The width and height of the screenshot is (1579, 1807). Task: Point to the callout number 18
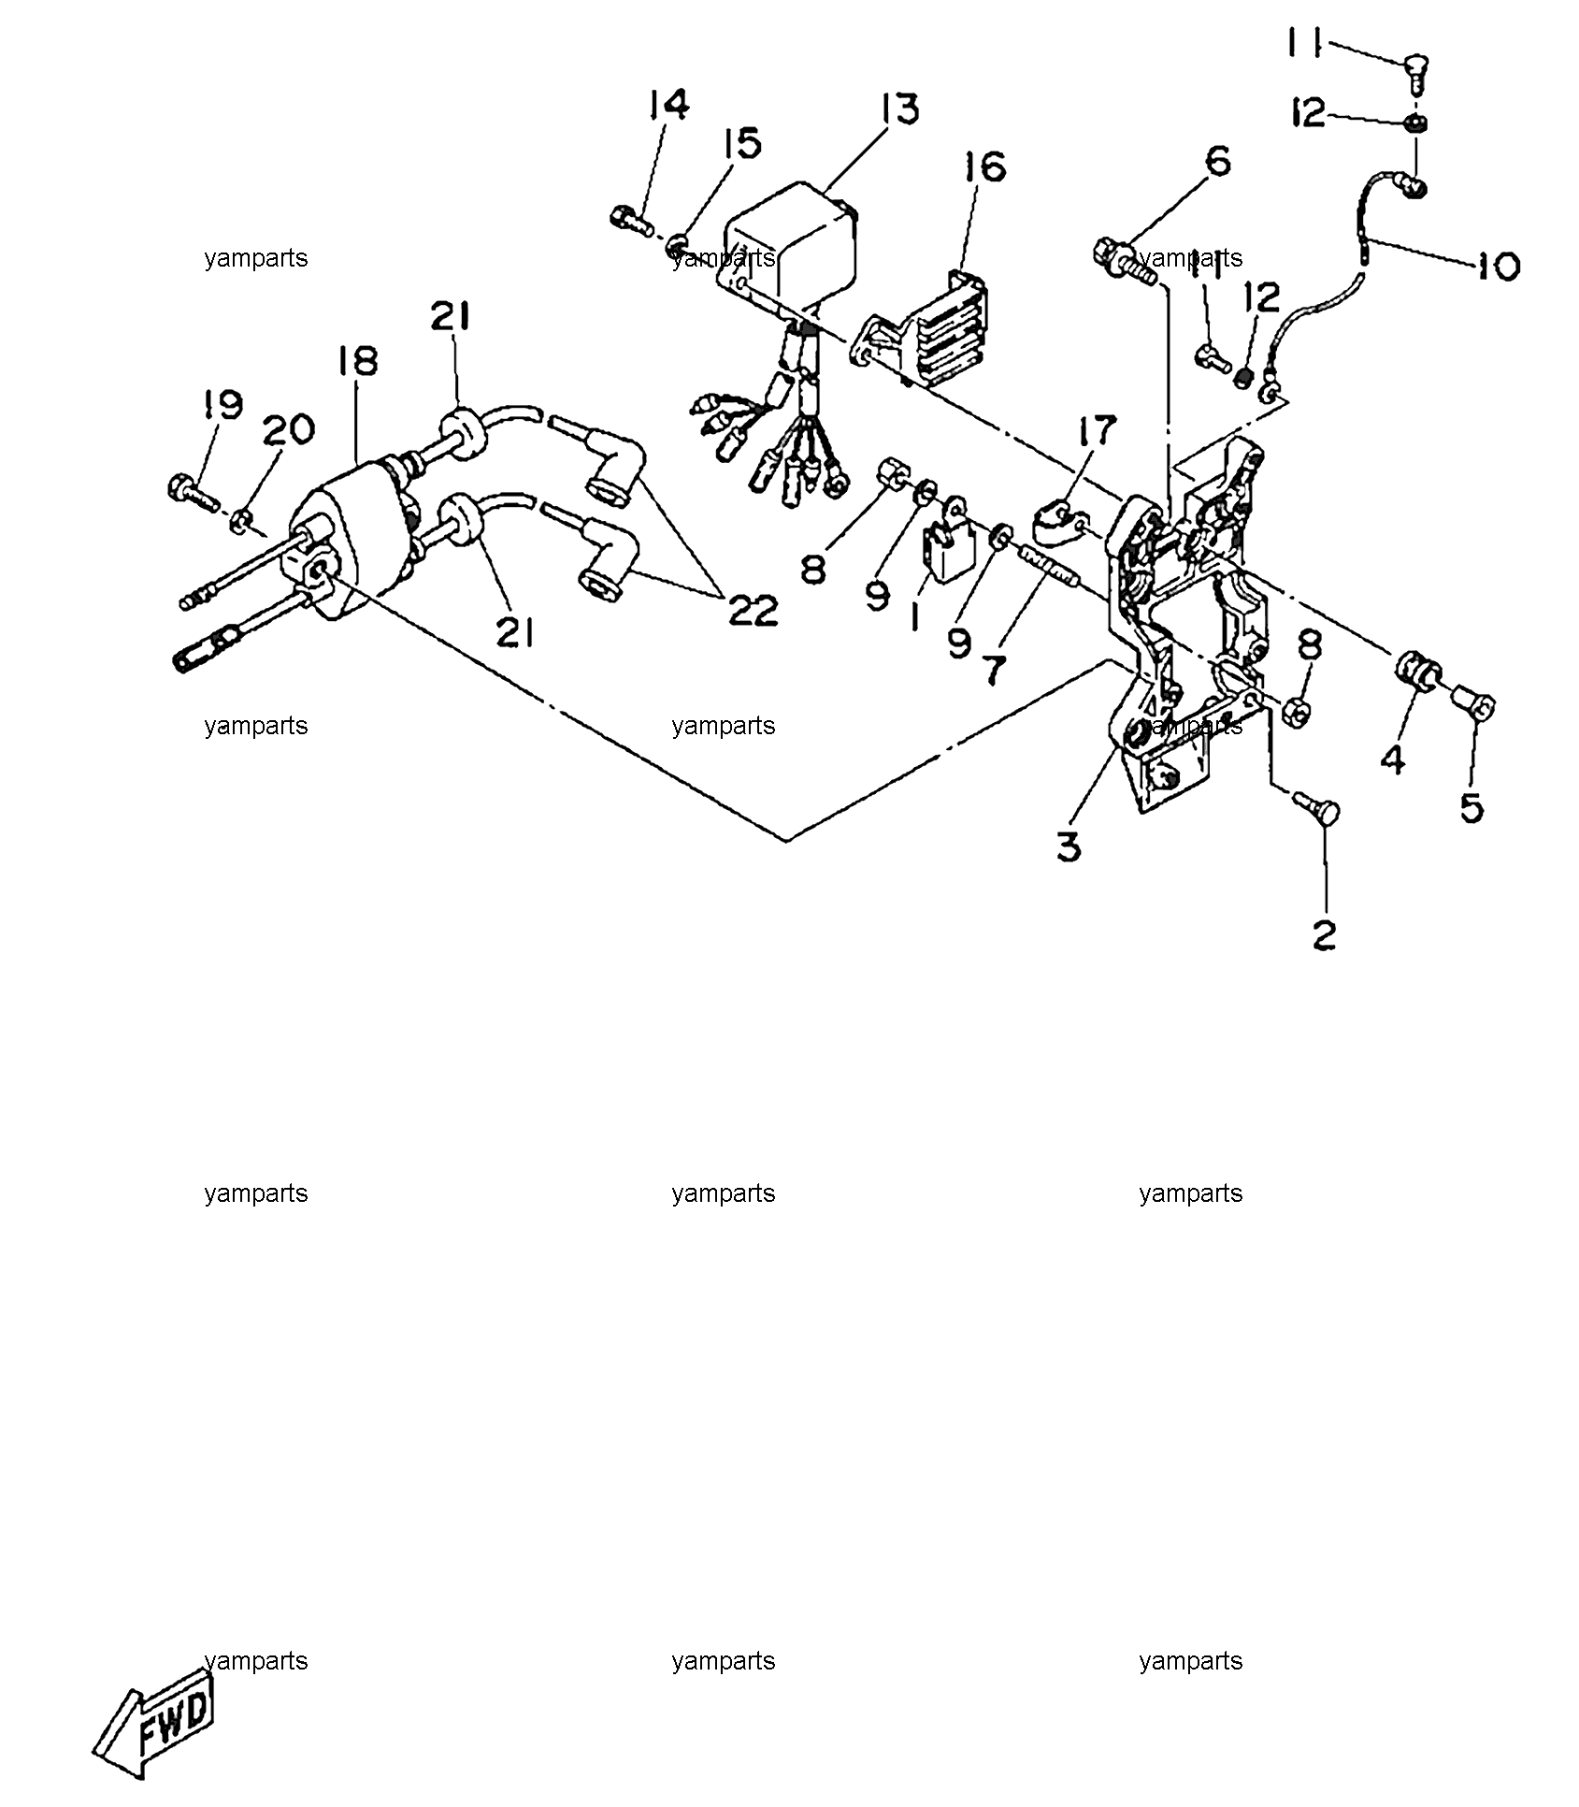pos(358,361)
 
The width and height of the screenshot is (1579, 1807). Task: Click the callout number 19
pos(222,405)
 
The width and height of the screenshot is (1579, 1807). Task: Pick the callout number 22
pos(754,611)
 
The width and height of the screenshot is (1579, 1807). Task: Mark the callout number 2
pos(1324,933)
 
